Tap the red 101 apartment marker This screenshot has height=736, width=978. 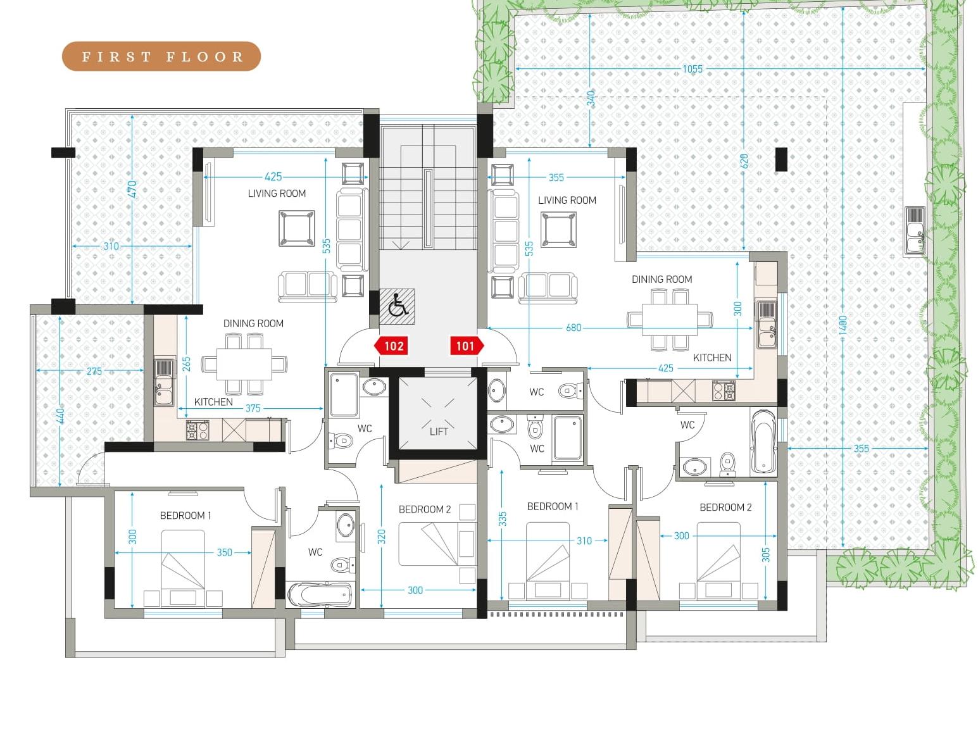point(467,346)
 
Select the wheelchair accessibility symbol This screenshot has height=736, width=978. point(397,306)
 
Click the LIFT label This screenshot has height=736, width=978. point(439,431)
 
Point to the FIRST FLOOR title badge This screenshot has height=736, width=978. point(161,56)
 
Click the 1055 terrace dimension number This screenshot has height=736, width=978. point(693,69)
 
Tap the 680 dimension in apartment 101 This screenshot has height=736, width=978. point(574,328)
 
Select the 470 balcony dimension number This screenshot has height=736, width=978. point(132,189)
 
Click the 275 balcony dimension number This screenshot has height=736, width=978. point(94,371)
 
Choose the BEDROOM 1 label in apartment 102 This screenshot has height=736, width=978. point(185,516)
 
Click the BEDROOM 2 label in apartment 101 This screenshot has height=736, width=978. point(725,507)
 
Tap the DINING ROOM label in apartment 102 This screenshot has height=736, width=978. point(253,323)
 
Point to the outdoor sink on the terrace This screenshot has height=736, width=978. point(915,232)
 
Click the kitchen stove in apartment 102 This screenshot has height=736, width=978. point(197,430)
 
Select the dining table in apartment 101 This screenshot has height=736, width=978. point(669,319)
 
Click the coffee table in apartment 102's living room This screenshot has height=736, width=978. point(297,228)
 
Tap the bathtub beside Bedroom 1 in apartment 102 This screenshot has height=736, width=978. point(320,594)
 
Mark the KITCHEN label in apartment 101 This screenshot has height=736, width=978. point(712,358)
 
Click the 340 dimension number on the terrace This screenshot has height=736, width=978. point(591,99)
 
